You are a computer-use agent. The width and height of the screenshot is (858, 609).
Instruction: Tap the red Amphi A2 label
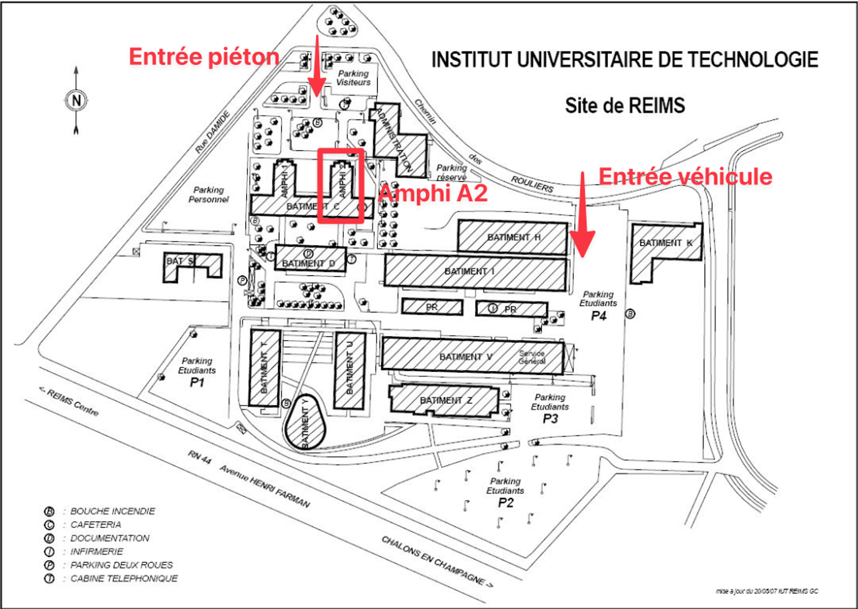click(433, 193)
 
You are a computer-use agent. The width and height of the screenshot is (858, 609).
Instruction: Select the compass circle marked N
click(76, 100)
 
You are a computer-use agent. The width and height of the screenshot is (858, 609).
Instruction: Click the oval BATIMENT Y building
click(305, 424)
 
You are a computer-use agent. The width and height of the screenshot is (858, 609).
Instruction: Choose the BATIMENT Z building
click(445, 400)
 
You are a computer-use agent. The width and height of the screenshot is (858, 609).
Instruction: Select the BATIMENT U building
click(350, 370)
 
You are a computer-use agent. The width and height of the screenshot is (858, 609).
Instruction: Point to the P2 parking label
click(505, 502)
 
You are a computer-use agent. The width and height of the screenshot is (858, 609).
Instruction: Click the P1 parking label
click(197, 382)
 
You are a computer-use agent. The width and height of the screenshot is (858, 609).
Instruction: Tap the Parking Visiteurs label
click(353, 78)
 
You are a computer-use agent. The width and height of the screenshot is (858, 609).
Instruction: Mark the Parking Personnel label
click(209, 195)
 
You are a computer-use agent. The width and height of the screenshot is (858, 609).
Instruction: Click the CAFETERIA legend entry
click(95, 525)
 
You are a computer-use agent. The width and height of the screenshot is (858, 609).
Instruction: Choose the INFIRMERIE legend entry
click(97, 552)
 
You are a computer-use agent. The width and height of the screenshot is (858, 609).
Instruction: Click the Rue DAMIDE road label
click(212, 132)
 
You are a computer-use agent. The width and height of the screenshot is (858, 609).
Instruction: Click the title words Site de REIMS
click(625, 106)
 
